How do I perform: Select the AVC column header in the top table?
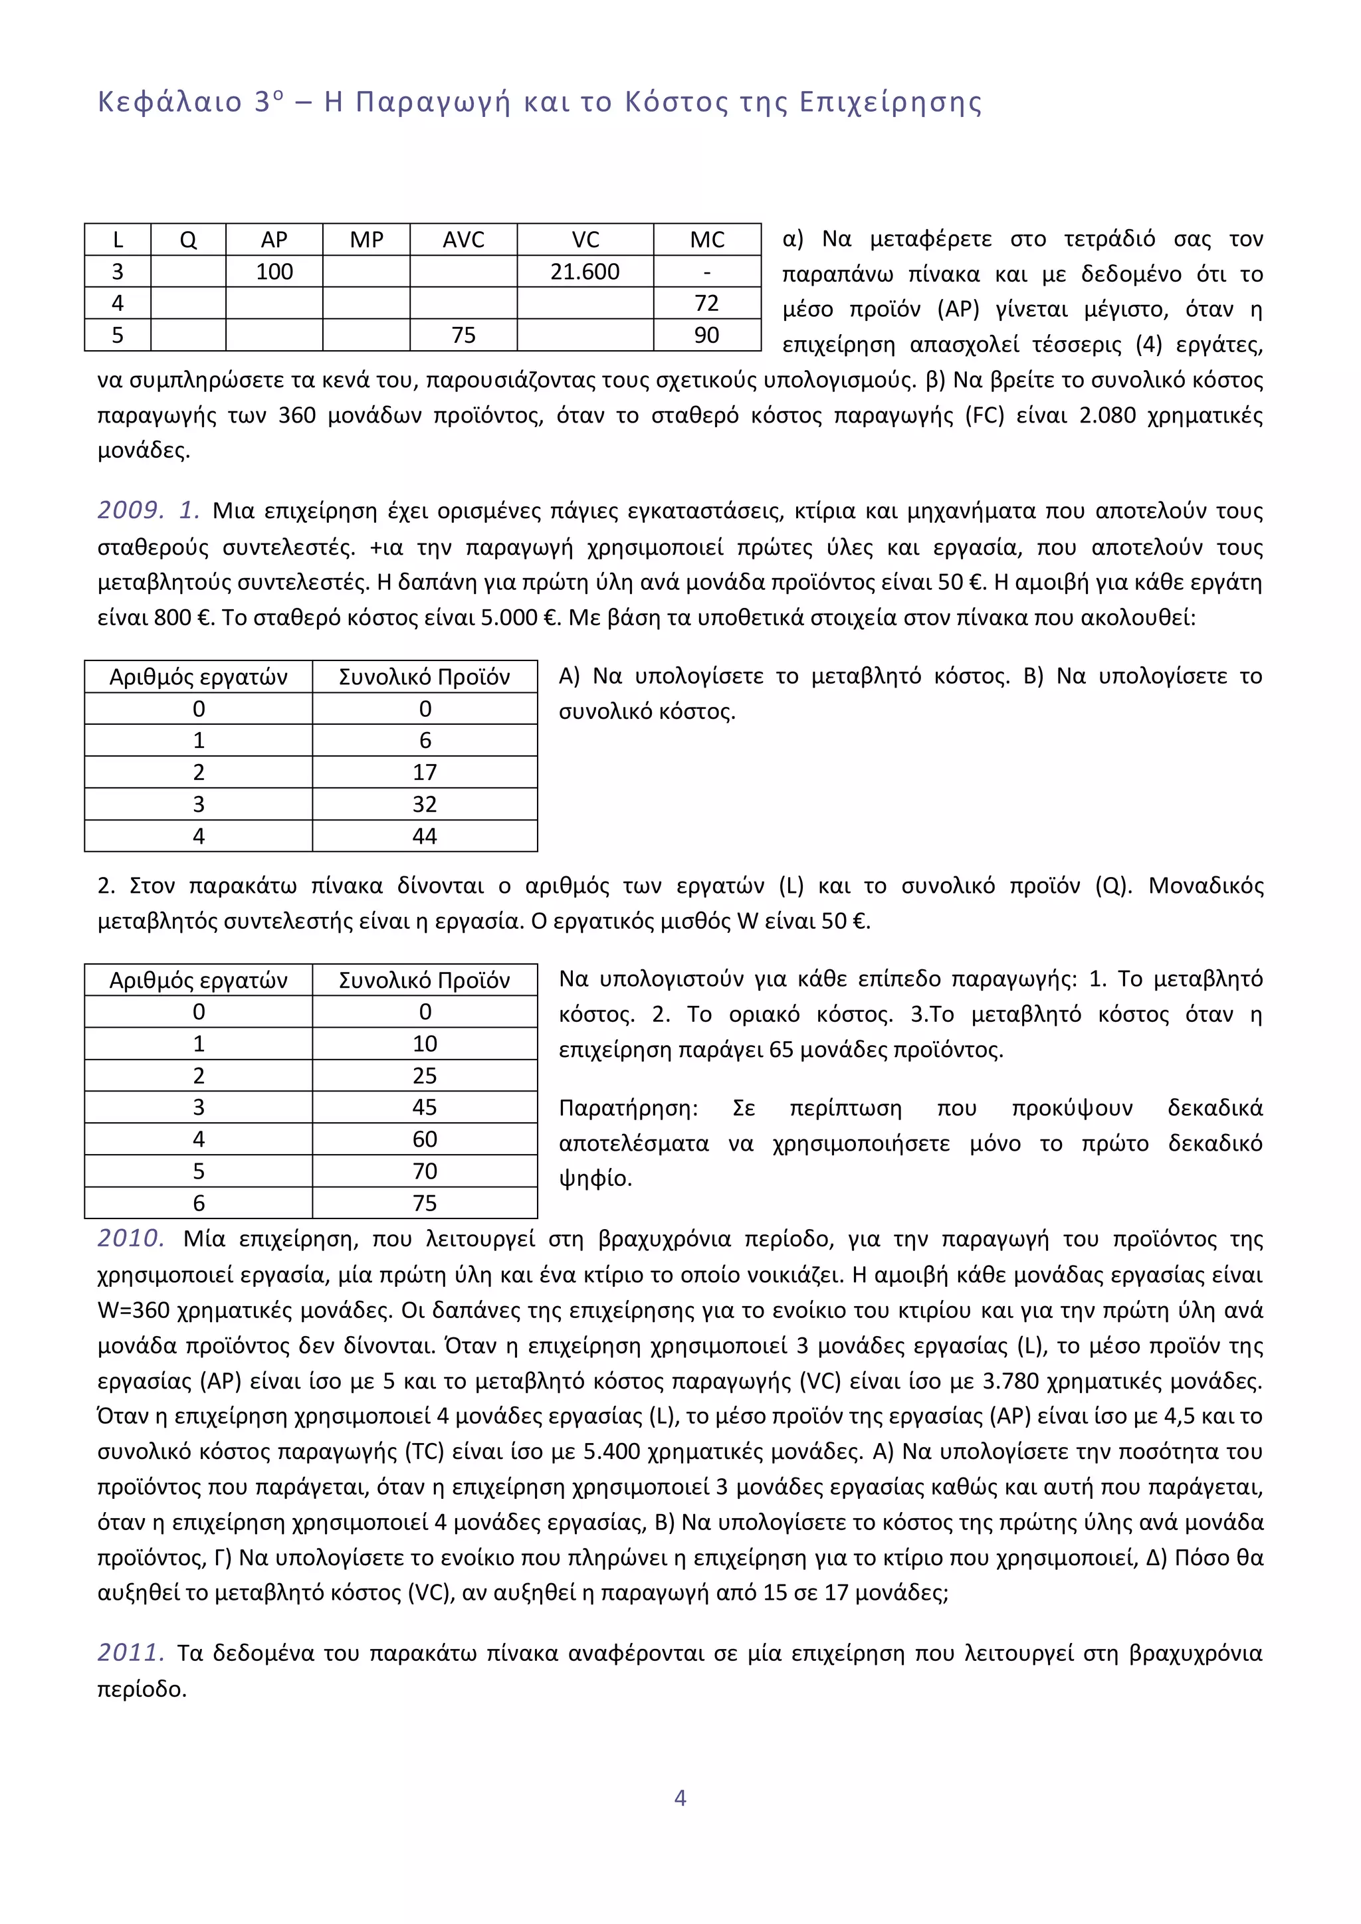coord(463,240)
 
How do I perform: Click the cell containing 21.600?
coord(585,272)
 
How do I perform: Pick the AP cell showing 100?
coord(274,272)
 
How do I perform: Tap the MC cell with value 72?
coord(706,304)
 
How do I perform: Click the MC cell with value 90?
coord(706,336)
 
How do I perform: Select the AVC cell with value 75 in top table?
coord(463,336)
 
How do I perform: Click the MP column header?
coord(366,240)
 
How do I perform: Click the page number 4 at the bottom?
coord(680,1798)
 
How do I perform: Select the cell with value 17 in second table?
coord(425,773)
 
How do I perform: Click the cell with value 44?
coord(425,836)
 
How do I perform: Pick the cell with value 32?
coord(425,805)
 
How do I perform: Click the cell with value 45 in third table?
coord(425,1107)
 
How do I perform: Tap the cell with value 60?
coord(425,1139)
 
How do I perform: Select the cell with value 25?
coord(425,1076)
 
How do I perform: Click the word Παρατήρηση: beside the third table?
coord(629,1109)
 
